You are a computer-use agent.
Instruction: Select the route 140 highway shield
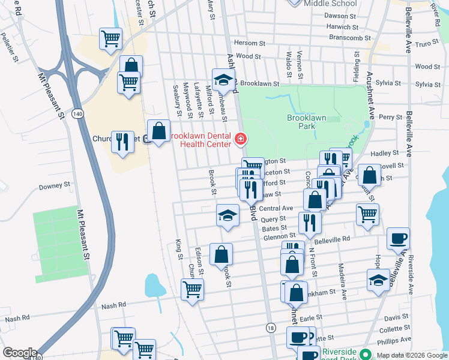77,114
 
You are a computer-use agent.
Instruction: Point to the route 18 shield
272,328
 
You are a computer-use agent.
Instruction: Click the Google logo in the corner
20,353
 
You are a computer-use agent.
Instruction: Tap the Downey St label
55,187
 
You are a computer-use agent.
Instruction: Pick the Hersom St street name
249,43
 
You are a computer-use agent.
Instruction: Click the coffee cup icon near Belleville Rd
398,238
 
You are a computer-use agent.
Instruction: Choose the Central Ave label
276,208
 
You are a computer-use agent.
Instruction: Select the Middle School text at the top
330,4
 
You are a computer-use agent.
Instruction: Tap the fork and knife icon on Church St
122,142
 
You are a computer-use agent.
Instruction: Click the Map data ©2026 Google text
411,355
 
